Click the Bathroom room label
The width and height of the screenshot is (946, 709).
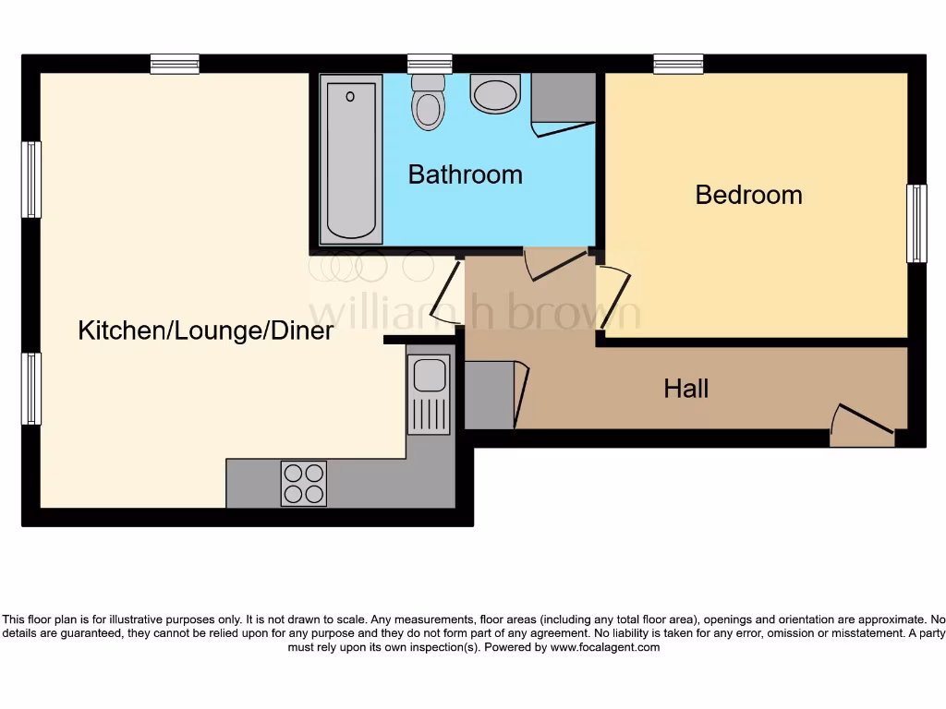point(465,174)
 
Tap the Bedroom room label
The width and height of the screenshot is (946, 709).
point(748,195)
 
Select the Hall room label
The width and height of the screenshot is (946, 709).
point(686,389)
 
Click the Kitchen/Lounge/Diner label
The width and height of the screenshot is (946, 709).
point(205,330)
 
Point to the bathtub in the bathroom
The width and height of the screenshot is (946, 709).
point(352,158)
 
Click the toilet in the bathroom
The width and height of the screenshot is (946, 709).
point(427,102)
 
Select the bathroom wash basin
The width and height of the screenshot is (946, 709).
point(495,94)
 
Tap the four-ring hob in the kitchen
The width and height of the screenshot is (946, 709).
point(304,483)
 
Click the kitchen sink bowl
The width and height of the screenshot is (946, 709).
point(430,375)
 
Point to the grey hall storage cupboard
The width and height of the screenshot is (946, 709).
point(489,395)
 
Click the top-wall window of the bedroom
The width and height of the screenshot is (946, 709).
point(678,64)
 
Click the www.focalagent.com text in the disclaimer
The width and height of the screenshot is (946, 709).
point(605,647)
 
